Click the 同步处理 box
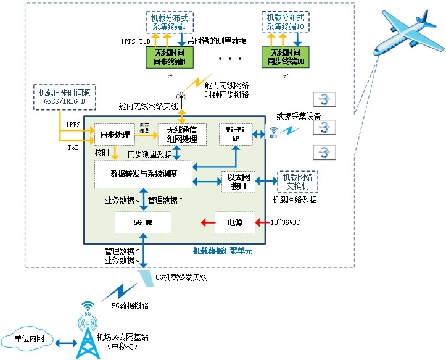tap(114, 134)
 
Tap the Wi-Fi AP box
tap(237, 134)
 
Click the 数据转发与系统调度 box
tap(143, 174)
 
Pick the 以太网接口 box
tap(238, 181)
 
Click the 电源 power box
tap(234, 222)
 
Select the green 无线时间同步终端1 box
tap(169, 56)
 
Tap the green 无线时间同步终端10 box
tap(285, 56)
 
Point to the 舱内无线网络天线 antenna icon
tap(181, 96)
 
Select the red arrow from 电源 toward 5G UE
tap(204, 222)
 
